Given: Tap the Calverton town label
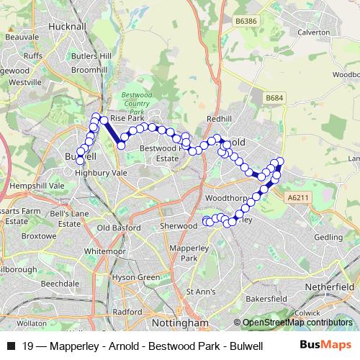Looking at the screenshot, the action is [313, 32].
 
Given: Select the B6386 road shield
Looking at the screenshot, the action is [246, 22].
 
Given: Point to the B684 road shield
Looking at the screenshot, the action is [274, 97].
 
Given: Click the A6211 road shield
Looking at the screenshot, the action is [296, 197].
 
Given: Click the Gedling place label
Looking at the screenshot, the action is [328, 236].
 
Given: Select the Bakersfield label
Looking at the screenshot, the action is [266, 297].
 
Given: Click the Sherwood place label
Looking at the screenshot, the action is [178, 225].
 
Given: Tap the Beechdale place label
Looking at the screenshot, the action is [60, 284].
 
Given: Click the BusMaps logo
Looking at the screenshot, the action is [325, 346].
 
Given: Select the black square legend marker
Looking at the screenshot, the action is [11, 346].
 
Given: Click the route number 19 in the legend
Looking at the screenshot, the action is [27, 346].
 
